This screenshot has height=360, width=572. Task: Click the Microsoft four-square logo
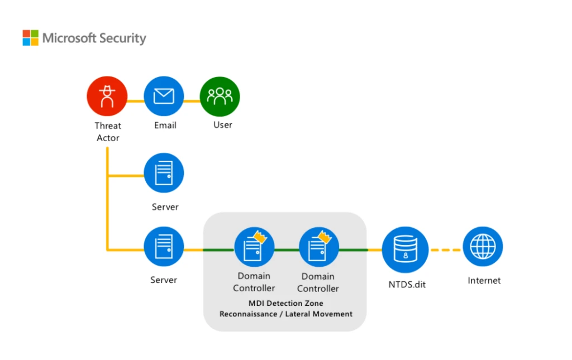31,38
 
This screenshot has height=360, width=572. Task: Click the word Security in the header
122,39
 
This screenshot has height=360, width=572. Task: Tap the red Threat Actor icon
107,97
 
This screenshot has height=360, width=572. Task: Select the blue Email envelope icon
164,97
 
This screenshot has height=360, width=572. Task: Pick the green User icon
220,97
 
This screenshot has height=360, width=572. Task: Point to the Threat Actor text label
108,132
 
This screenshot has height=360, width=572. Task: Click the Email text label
165,125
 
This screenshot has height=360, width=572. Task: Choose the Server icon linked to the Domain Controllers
164,246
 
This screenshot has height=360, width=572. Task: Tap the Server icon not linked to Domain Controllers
164,172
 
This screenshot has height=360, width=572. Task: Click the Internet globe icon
483,246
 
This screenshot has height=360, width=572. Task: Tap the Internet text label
484,280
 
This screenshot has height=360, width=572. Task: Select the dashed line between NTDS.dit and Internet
445,249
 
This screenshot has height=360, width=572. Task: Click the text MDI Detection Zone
285,303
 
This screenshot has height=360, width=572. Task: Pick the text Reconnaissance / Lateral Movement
285,314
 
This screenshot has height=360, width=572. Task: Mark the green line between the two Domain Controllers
287,249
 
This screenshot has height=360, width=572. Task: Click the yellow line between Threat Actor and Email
135,101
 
